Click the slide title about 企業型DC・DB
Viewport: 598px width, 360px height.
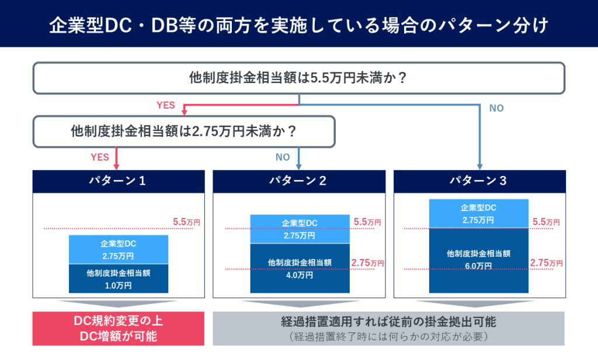click(x=299, y=25)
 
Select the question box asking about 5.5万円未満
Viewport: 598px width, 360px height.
click(x=299, y=78)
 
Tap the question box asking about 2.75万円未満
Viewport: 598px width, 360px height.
click(x=184, y=131)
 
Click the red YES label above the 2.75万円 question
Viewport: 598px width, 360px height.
click(x=166, y=105)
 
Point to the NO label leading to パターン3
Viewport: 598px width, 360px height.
click(x=496, y=109)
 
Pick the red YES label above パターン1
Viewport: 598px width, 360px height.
click(x=99, y=157)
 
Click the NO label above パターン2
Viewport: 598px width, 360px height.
click(x=283, y=157)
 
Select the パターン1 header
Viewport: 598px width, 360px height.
click(x=119, y=181)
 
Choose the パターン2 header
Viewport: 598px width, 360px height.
click(x=299, y=181)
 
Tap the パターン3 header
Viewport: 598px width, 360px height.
click(x=479, y=181)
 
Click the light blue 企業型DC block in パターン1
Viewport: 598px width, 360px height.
click(x=119, y=250)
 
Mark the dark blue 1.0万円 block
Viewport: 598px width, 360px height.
click(x=119, y=279)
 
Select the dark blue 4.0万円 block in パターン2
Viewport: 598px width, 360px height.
click(x=300, y=268)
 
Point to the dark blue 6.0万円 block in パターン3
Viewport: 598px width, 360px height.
click(x=479, y=261)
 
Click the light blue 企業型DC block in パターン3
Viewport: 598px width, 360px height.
click(x=479, y=214)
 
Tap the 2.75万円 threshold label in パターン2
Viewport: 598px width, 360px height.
click(x=367, y=263)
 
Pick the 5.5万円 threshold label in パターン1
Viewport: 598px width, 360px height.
click(x=186, y=222)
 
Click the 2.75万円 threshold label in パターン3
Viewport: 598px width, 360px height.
click(x=546, y=263)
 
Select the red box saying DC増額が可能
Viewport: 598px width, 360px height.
click(x=118, y=328)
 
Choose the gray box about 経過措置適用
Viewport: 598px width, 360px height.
click(x=388, y=328)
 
